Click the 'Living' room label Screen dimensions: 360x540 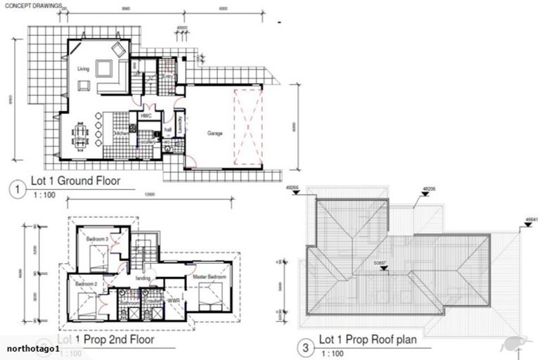(x=83, y=69)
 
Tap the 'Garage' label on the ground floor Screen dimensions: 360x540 (x=214, y=132)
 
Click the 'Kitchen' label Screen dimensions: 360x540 (x=121, y=132)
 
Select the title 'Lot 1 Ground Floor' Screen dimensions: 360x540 (x=76, y=181)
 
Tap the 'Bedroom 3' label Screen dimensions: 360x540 (x=96, y=239)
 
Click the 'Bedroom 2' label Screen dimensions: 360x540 (x=86, y=283)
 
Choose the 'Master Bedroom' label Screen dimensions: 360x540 (x=209, y=278)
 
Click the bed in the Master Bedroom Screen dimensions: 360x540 (x=210, y=296)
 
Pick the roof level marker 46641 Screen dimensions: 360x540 (x=531, y=219)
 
